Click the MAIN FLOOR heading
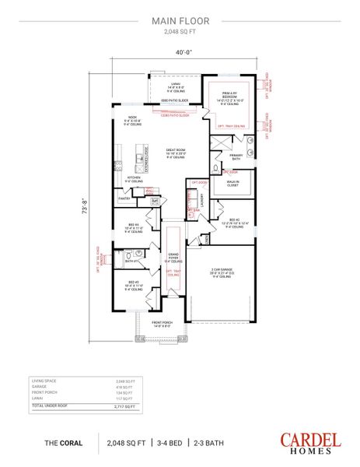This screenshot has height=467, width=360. tap(180, 22)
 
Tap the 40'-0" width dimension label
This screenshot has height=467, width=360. tap(180, 53)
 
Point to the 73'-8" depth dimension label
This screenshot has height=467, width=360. tap(85, 213)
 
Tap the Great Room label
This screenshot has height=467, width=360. tap(175, 151)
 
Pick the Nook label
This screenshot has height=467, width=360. tap(132, 118)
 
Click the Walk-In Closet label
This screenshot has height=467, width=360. tap(233, 184)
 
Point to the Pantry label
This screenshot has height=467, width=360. tap(124, 198)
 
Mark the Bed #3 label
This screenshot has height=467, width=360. tap(132, 284)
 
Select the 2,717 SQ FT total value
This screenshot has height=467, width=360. tap(124, 406)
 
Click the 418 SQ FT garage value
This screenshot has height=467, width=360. tap(124, 387)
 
